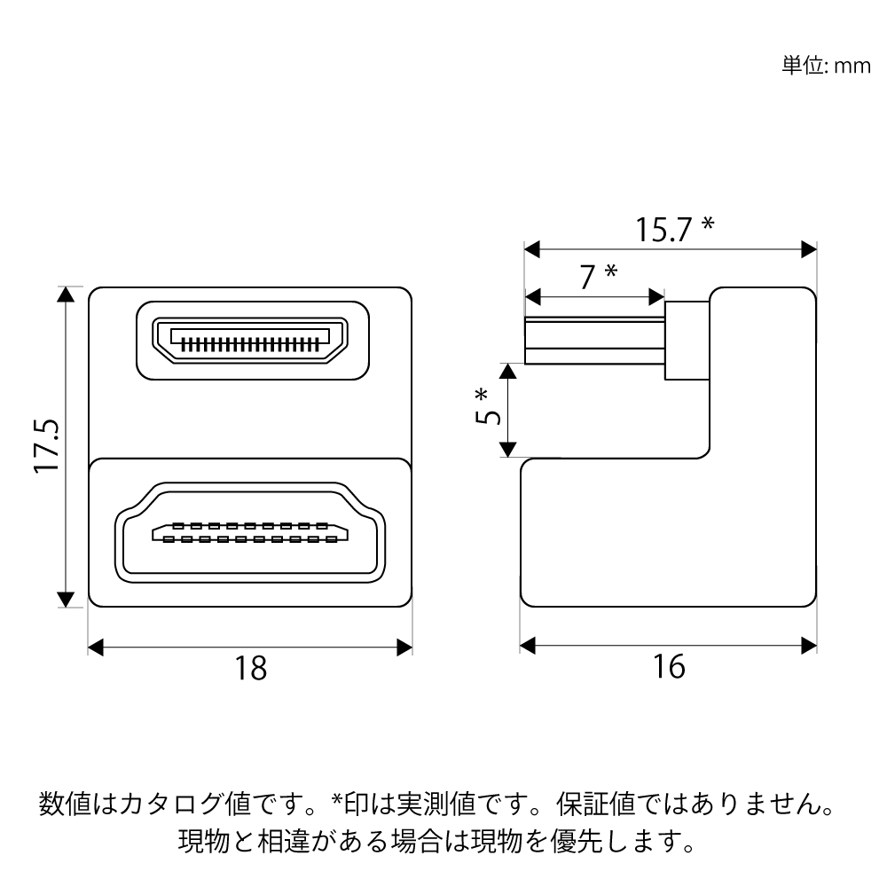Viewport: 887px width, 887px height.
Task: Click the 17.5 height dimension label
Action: point(46,446)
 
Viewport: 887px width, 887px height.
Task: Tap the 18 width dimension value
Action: point(251,668)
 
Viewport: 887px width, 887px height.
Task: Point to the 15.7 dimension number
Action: point(664,230)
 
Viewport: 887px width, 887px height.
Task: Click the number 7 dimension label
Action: point(588,277)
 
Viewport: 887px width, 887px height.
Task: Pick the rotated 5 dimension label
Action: point(488,415)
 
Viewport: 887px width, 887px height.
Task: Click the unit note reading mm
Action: point(852,67)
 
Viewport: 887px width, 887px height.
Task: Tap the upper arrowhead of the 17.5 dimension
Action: point(67,294)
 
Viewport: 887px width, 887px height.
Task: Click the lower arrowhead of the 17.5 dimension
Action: point(67,599)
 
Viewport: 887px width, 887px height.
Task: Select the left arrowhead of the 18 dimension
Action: point(96,648)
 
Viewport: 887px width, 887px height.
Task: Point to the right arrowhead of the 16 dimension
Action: point(809,646)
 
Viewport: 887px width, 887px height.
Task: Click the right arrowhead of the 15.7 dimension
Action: point(809,249)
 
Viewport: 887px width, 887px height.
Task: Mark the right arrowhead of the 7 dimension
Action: point(656,297)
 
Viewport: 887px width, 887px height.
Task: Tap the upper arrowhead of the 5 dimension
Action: point(508,371)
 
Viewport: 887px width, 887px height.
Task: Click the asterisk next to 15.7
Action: point(708,224)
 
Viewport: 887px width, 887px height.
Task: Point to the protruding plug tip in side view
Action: point(594,341)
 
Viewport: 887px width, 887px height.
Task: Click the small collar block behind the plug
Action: point(687,340)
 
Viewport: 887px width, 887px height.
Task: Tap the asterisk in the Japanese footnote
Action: point(338,799)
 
